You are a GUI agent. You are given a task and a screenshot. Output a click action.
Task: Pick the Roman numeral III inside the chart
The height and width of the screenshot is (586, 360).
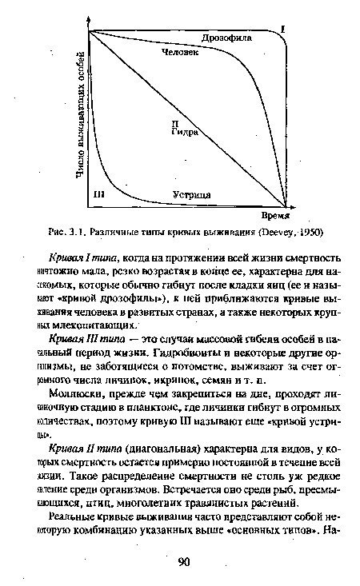(99, 194)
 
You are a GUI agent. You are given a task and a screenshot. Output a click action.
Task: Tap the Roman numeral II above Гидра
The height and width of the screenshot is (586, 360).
(174, 123)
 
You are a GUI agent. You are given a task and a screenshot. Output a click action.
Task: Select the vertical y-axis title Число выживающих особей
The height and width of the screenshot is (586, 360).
(80, 120)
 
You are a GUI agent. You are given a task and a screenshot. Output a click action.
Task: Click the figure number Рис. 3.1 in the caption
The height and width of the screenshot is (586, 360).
(68, 233)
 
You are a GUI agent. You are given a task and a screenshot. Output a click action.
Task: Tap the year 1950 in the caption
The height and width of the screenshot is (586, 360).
(309, 233)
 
